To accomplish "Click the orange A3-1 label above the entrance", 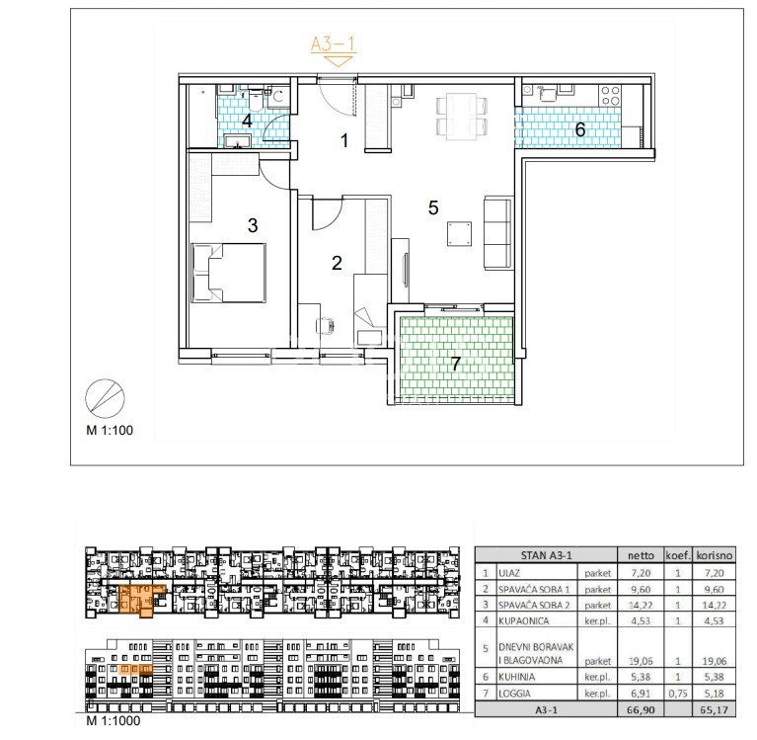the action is [333, 44].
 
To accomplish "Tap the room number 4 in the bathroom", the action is [247, 121].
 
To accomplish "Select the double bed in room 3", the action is [229, 273].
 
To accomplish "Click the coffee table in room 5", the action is [459, 234].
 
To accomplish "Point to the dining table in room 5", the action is [461, 117].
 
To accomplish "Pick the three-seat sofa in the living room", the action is [497, 232].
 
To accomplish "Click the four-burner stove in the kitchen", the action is [609, 95].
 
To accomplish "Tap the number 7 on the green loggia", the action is [455, 363].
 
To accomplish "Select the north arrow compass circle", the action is [105, 399].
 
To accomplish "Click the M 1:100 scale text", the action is [110, 430].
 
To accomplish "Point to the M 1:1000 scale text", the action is [113, 720].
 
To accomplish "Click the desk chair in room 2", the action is [325, 325].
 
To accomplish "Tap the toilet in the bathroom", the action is [256, 100].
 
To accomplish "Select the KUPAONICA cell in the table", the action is [523, 620].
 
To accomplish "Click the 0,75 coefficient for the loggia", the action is [678, 694].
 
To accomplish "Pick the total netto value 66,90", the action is [641, 710].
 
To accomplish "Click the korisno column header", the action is [714, 555].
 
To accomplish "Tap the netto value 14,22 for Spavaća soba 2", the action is [641, 606].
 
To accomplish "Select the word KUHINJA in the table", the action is [516, 677].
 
